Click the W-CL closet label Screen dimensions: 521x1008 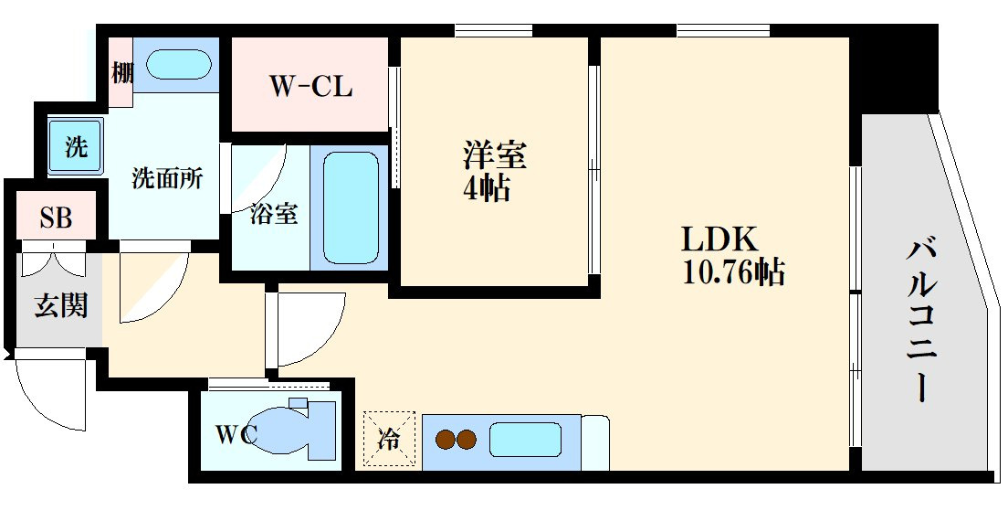pyautogui.click(x=310, y=87)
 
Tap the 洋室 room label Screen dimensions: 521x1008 pyautogui.click(x=494, y=154)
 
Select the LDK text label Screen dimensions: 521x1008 pyautogui.click(x=719, y=239)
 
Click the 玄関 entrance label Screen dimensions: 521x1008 pyautogui.click(x=61, y=305)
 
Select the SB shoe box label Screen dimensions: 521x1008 pyautogui.click(x=56, y=219)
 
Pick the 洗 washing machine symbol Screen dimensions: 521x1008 pyautogui.click(x=75, y=146)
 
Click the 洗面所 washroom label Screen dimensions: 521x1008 pyautogui.click(x=166, y=178)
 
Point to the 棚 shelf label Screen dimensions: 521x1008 pyautogui.click(x=121, y=72)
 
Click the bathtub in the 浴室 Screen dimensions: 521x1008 pyautogui.click(x=350, y=207)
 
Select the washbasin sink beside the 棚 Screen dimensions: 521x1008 pyautogui.click(x=179, y=66)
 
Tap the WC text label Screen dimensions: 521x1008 pyautogui.click(x=237, y=433)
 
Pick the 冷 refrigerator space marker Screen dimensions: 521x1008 pyautogui.click(x=389, y=440)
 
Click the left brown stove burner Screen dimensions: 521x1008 pyautogui.click(x=446, y=440)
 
